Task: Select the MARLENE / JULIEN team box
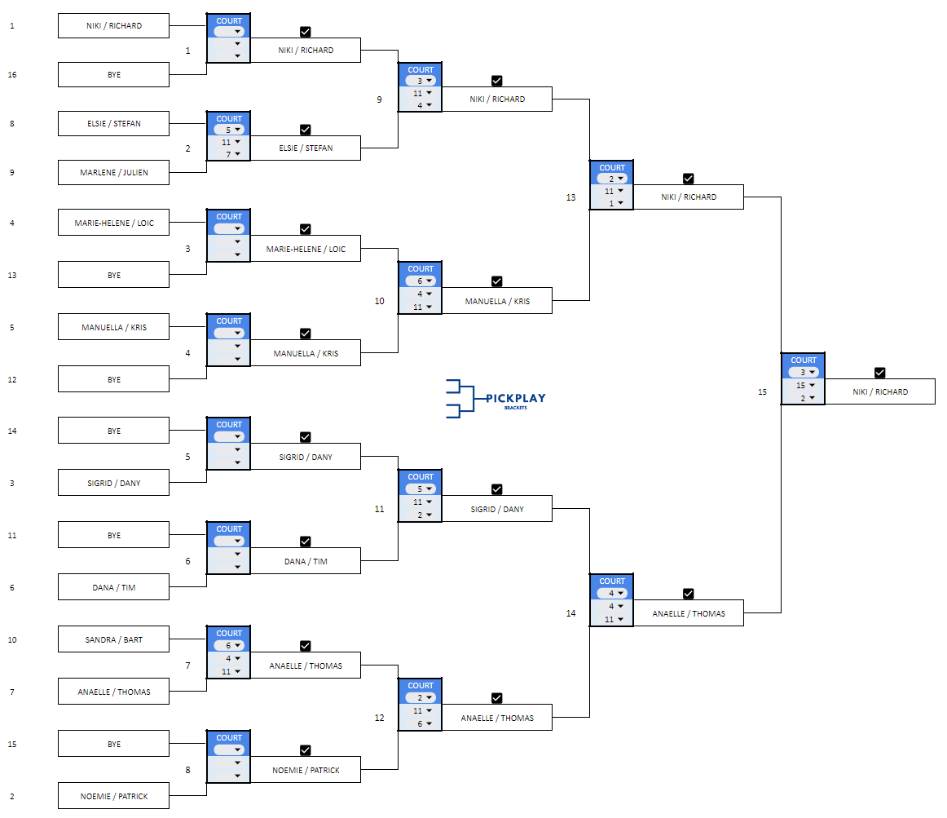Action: point(113,173)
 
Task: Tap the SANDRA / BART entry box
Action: point(113,639)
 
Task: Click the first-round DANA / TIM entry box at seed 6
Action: point(113,587)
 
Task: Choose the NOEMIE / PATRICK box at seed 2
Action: point(113,796)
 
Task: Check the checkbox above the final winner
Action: point(879,373)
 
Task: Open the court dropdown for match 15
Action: point(804,372)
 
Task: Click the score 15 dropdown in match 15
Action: point(804,385)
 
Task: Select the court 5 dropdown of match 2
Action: point(229,130)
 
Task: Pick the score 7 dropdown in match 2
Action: point(229,154)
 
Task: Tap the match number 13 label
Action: point(570,197)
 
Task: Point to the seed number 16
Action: point(12,75)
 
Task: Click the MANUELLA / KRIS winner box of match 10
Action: point(497,301)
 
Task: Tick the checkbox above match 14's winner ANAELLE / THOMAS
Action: point(688,594)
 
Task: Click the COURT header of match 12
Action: point(421,686)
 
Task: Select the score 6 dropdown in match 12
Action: point(421,723)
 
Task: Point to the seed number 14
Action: point(12,431)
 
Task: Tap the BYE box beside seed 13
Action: point(113,275)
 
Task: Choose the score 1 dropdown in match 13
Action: point(612,203)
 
